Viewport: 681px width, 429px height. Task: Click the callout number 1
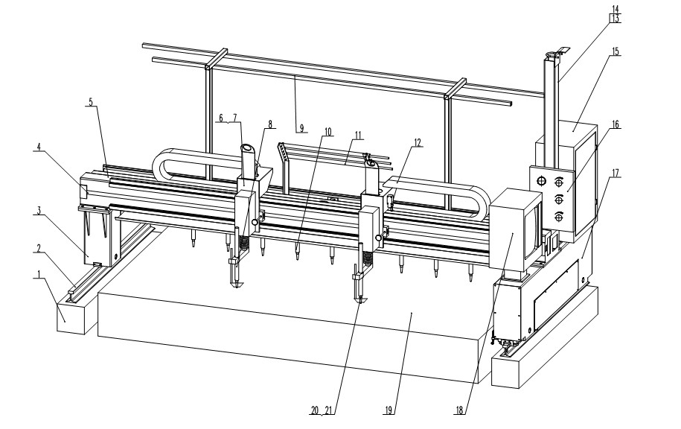tap(39, 274)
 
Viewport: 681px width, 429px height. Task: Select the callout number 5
tap(91, 102)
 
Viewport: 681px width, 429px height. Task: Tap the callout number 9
tap(301, 128)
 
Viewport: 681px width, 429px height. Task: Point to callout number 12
tap(418, 142)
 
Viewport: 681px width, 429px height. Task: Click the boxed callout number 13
tap(616, 19)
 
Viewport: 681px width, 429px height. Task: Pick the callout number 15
tap(615, 51)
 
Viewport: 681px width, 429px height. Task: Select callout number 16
tap(616, 124)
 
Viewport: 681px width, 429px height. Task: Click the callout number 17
tap(616, 173)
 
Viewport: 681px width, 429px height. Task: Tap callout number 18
tap(459, 410)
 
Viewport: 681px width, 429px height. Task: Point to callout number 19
tap(389, 410)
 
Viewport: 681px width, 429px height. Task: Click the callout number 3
tap(39, 211)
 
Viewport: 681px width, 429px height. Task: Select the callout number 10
tap(327, 131)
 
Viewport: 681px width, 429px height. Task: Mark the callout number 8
tap(270, 124)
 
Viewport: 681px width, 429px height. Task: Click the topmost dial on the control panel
tap(559, 180)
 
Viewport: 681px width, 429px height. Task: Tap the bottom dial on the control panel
tap(559, 216)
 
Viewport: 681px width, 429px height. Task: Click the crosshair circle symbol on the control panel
tap(541, 180)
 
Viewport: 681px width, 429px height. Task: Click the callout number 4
tap(39, 147)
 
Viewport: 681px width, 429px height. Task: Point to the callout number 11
tap(358, 135)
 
